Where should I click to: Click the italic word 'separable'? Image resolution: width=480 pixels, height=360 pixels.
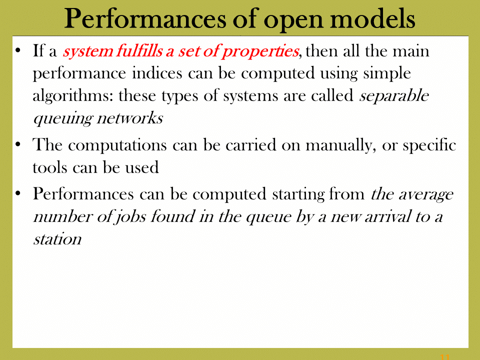click(394, 96)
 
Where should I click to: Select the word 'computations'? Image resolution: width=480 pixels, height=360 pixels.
click(117, 145)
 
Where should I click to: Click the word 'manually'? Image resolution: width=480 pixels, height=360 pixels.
click(340, 145)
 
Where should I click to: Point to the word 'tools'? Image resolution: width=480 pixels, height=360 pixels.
click(50, 167)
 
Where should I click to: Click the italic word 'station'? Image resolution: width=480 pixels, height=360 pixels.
click(57, 239)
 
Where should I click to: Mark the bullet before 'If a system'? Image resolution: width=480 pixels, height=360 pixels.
click(18, 50)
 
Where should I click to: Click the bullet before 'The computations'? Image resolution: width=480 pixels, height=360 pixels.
click(18, 145)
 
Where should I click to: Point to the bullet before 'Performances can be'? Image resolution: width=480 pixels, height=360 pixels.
click(18, 194)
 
